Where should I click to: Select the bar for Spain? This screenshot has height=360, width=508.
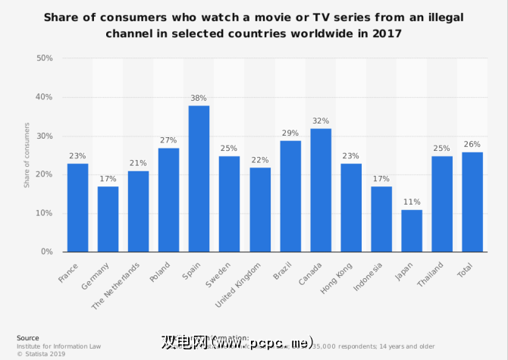[199, 179]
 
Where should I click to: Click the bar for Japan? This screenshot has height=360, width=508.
[412, 230]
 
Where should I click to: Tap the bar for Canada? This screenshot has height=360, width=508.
[321, 190]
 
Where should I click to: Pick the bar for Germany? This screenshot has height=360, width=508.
[108, 219]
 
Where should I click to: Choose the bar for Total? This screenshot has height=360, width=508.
[472, 202]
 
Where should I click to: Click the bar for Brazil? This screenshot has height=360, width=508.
[290, 196]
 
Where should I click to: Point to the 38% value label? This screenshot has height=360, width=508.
[199, 99]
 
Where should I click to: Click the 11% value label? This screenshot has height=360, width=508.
[412, 203]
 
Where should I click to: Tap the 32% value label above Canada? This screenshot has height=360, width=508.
[321, 121]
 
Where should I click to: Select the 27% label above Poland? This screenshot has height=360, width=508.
[168, 141]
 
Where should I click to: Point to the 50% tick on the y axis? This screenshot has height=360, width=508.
[44, 58]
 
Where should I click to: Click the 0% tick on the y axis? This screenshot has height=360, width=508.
[46, 252]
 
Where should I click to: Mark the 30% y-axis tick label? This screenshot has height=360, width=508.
[44, 136]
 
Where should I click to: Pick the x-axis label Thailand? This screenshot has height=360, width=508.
[431, 274]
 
